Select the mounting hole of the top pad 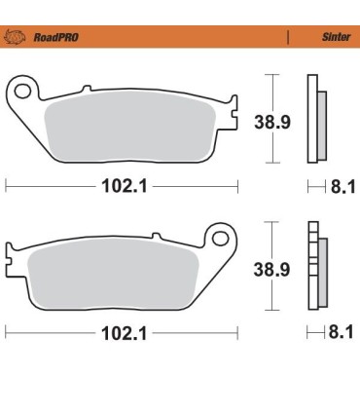pos(22,92)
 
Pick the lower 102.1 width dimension pos(122,333)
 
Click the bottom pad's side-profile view pos(315,268)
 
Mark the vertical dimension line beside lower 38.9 pos(275,268)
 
